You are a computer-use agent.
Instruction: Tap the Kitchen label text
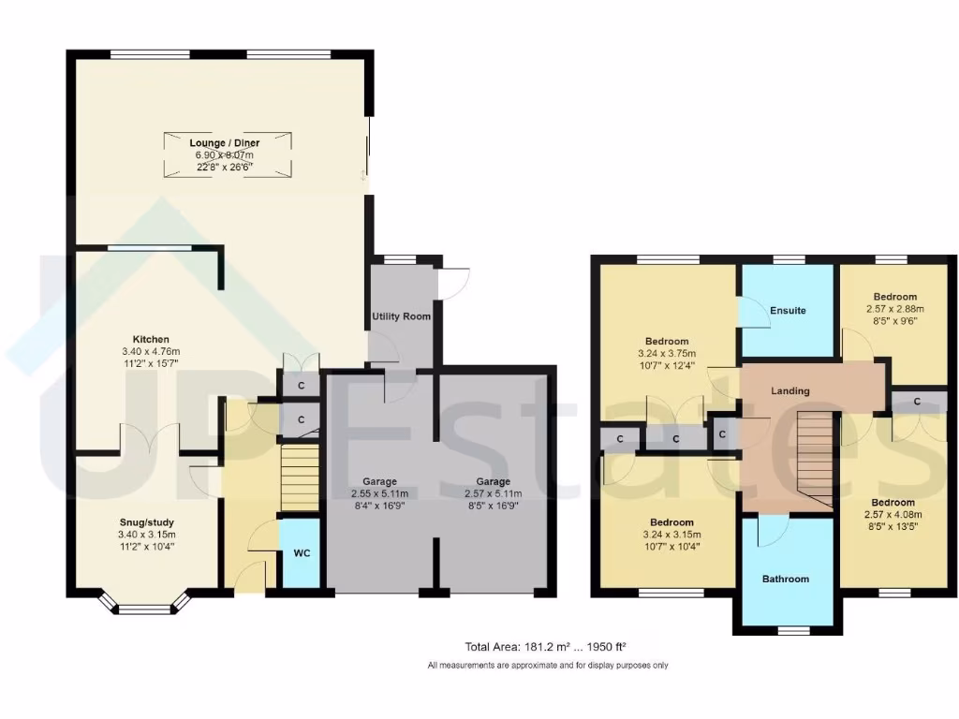151,339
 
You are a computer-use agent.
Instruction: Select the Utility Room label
401,316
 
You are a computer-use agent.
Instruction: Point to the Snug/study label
147,522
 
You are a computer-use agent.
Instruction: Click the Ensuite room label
788,311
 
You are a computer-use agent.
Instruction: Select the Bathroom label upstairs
785,580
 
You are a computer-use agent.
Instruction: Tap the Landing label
790,390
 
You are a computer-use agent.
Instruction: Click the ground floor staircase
301,477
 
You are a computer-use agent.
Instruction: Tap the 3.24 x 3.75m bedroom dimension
667,354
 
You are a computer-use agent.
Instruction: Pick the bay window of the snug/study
145,607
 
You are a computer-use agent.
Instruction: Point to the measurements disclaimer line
548,666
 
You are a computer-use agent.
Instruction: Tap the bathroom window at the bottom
786,629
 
